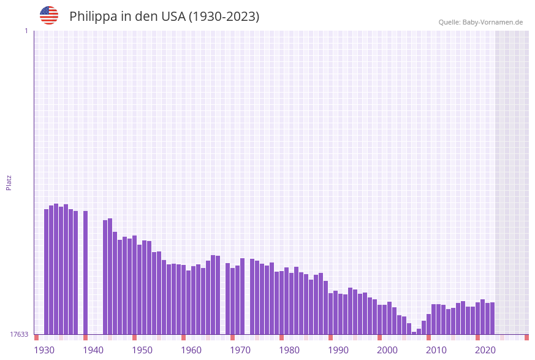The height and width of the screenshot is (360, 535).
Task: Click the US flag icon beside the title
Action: click(49, 15)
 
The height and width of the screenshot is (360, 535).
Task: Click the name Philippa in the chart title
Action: click(93, 17)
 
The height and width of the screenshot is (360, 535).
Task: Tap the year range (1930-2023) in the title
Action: click(224, 17)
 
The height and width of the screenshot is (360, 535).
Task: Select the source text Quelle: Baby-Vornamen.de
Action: click(480, 22)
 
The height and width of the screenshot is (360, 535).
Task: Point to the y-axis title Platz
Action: click(9, 182)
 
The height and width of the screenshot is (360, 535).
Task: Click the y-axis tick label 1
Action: click(26, 31)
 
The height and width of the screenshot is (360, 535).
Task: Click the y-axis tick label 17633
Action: click(18, 334)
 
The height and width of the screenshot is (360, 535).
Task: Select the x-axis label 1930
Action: click(44, 350)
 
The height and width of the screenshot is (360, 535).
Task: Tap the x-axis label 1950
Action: click(142, 350)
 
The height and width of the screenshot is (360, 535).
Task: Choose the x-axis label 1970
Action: click(240, 350)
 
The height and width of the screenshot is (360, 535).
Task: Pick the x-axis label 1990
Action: click(338, 350)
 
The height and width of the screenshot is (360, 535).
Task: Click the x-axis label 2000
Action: click(387, 350)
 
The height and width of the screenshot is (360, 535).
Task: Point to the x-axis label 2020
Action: click(485, 350)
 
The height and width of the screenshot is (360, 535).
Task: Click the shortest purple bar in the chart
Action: click(414, 333)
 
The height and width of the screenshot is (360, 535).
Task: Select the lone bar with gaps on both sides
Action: click(85, 272)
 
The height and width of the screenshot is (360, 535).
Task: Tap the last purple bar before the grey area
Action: click(492, 318)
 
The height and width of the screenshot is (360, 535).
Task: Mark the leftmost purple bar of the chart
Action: click(46, 272)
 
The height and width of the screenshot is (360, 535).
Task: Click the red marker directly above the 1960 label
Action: click(183, 337)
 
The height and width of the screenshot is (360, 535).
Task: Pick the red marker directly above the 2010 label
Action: click(428, 337)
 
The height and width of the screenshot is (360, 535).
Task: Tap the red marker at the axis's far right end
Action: click(526, 337)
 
